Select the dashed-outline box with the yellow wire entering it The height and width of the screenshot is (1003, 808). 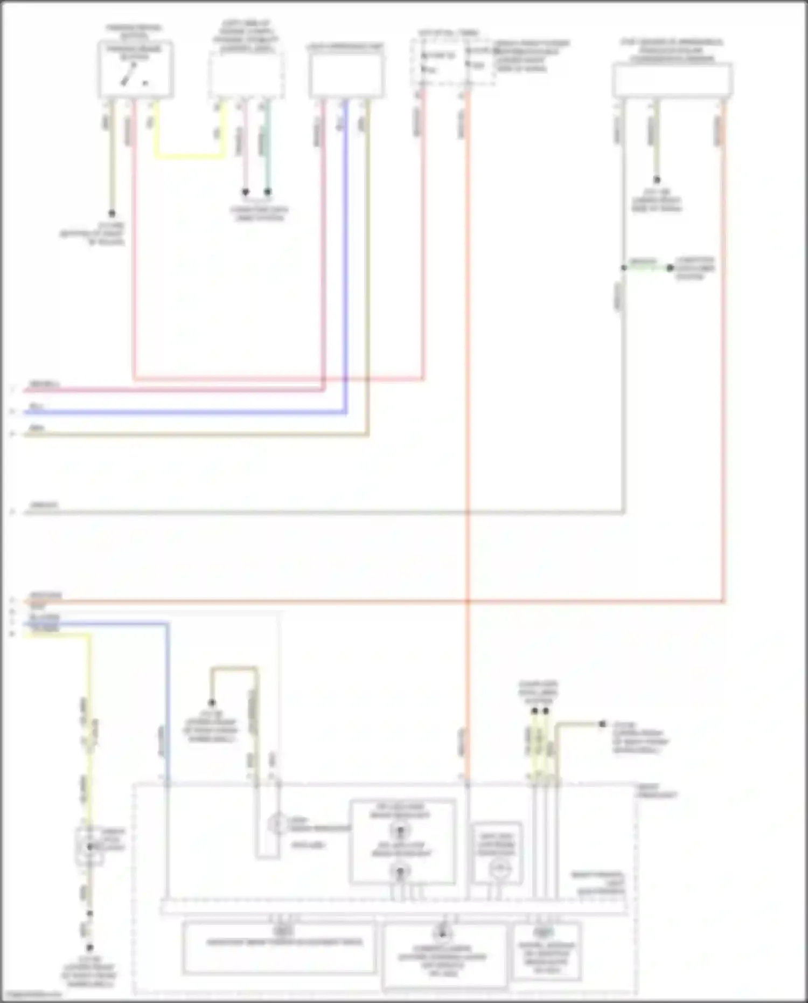pyautogui.click(x=246, y=75)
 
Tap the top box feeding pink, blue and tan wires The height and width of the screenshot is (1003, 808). pyautogui.click(x=346, y=75)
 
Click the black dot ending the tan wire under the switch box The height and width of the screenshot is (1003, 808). pyautogui.click(x=112, y=213)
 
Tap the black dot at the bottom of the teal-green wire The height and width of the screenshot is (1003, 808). pyautogui.click(x=268, y=192)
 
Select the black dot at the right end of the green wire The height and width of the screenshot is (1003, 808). pyautogui.click(x=670, y=268)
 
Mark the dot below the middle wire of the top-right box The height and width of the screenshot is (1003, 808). pyautogui.click(x=656, y=180)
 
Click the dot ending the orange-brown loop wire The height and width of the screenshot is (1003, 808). pyautogui.click(x=212, y=703)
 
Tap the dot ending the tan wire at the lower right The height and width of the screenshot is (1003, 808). pyautogui.click(x=603, y=724)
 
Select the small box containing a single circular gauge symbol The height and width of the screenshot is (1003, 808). pyautogui.click(x=496, y=853)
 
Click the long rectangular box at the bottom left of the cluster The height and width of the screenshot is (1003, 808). pyautogui.click(x=279, y=947)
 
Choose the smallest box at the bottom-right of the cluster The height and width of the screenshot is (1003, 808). pyautogui.click(x=546, y=951)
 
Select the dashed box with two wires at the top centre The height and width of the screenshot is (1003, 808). pyautogui.click(x=453, y=61)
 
